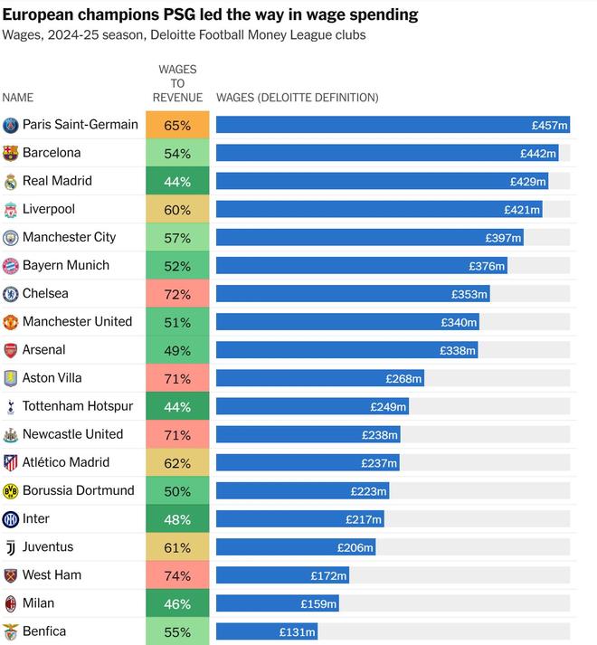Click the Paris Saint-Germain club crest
click(11, 125)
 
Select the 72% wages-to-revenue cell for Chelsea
click(177, 294)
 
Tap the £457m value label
click(549, 126)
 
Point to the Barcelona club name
click(52, 153)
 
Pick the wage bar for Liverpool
click(379, 209)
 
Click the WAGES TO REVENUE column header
click(177, 83)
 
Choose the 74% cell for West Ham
click(177, 575)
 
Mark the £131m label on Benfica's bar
click(297, 632)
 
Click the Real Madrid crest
click(11, 181)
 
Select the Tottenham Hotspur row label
click(78, 406)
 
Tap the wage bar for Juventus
click(296, 547)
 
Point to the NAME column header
click(17, 98)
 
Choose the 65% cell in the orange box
click(177, 126)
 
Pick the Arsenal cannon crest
click(11, 350)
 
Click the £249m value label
click(389, 407)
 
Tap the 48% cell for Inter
click(177, 519)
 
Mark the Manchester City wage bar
click(369, 238)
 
